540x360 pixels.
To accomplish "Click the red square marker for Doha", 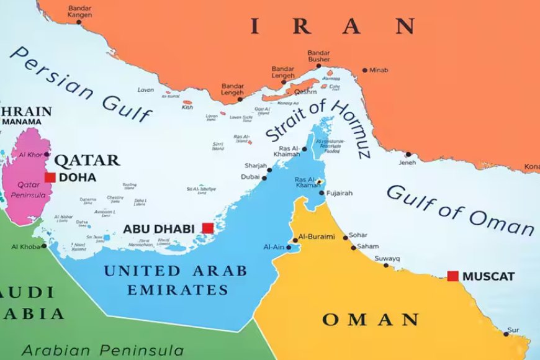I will pos(50,178).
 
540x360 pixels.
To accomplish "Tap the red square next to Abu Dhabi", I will pos(207,228).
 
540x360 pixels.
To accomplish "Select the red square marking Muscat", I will pos(453,276).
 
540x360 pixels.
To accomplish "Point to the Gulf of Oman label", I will pos(460,210).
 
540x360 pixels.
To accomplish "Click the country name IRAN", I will pos(333,26).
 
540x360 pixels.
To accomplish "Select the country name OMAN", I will pos(370,320).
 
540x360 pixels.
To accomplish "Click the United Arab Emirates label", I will pos(175,280).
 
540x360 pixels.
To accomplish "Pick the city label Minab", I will pos(379,70).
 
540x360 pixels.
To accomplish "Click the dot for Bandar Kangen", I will pos(79,22).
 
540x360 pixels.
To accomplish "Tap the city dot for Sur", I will pos(506,334).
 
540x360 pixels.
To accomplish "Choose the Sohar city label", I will pos(358,235).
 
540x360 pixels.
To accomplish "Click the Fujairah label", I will pos(340,193).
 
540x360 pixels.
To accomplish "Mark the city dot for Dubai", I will pos(264,178).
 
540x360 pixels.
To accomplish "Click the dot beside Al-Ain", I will pos(289,247).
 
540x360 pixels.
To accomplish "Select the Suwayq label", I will pos(387,258).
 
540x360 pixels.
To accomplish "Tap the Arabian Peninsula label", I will pos(102,350).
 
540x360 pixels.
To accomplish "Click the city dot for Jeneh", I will pos(408,155).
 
